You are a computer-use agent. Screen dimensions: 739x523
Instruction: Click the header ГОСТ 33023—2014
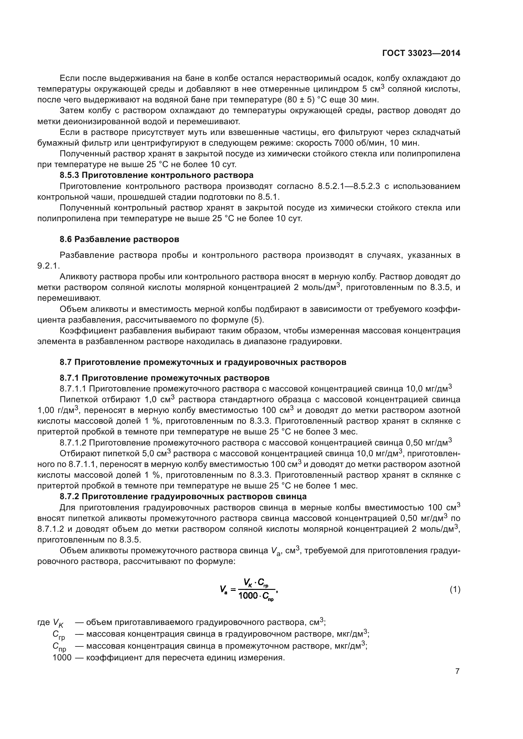421,53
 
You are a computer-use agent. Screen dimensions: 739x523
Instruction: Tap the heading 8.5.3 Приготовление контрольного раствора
157,175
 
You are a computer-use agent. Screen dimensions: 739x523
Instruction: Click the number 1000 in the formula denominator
248,596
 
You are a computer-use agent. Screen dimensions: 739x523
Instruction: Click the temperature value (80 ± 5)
299,100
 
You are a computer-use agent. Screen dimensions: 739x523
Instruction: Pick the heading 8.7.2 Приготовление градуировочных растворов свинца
183,496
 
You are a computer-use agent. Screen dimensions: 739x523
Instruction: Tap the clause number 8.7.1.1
73,389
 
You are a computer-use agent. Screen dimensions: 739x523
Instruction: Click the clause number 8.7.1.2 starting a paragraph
73,443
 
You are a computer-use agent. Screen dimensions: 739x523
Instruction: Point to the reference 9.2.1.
48,266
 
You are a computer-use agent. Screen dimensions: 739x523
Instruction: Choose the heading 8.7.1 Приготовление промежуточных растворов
164,378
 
